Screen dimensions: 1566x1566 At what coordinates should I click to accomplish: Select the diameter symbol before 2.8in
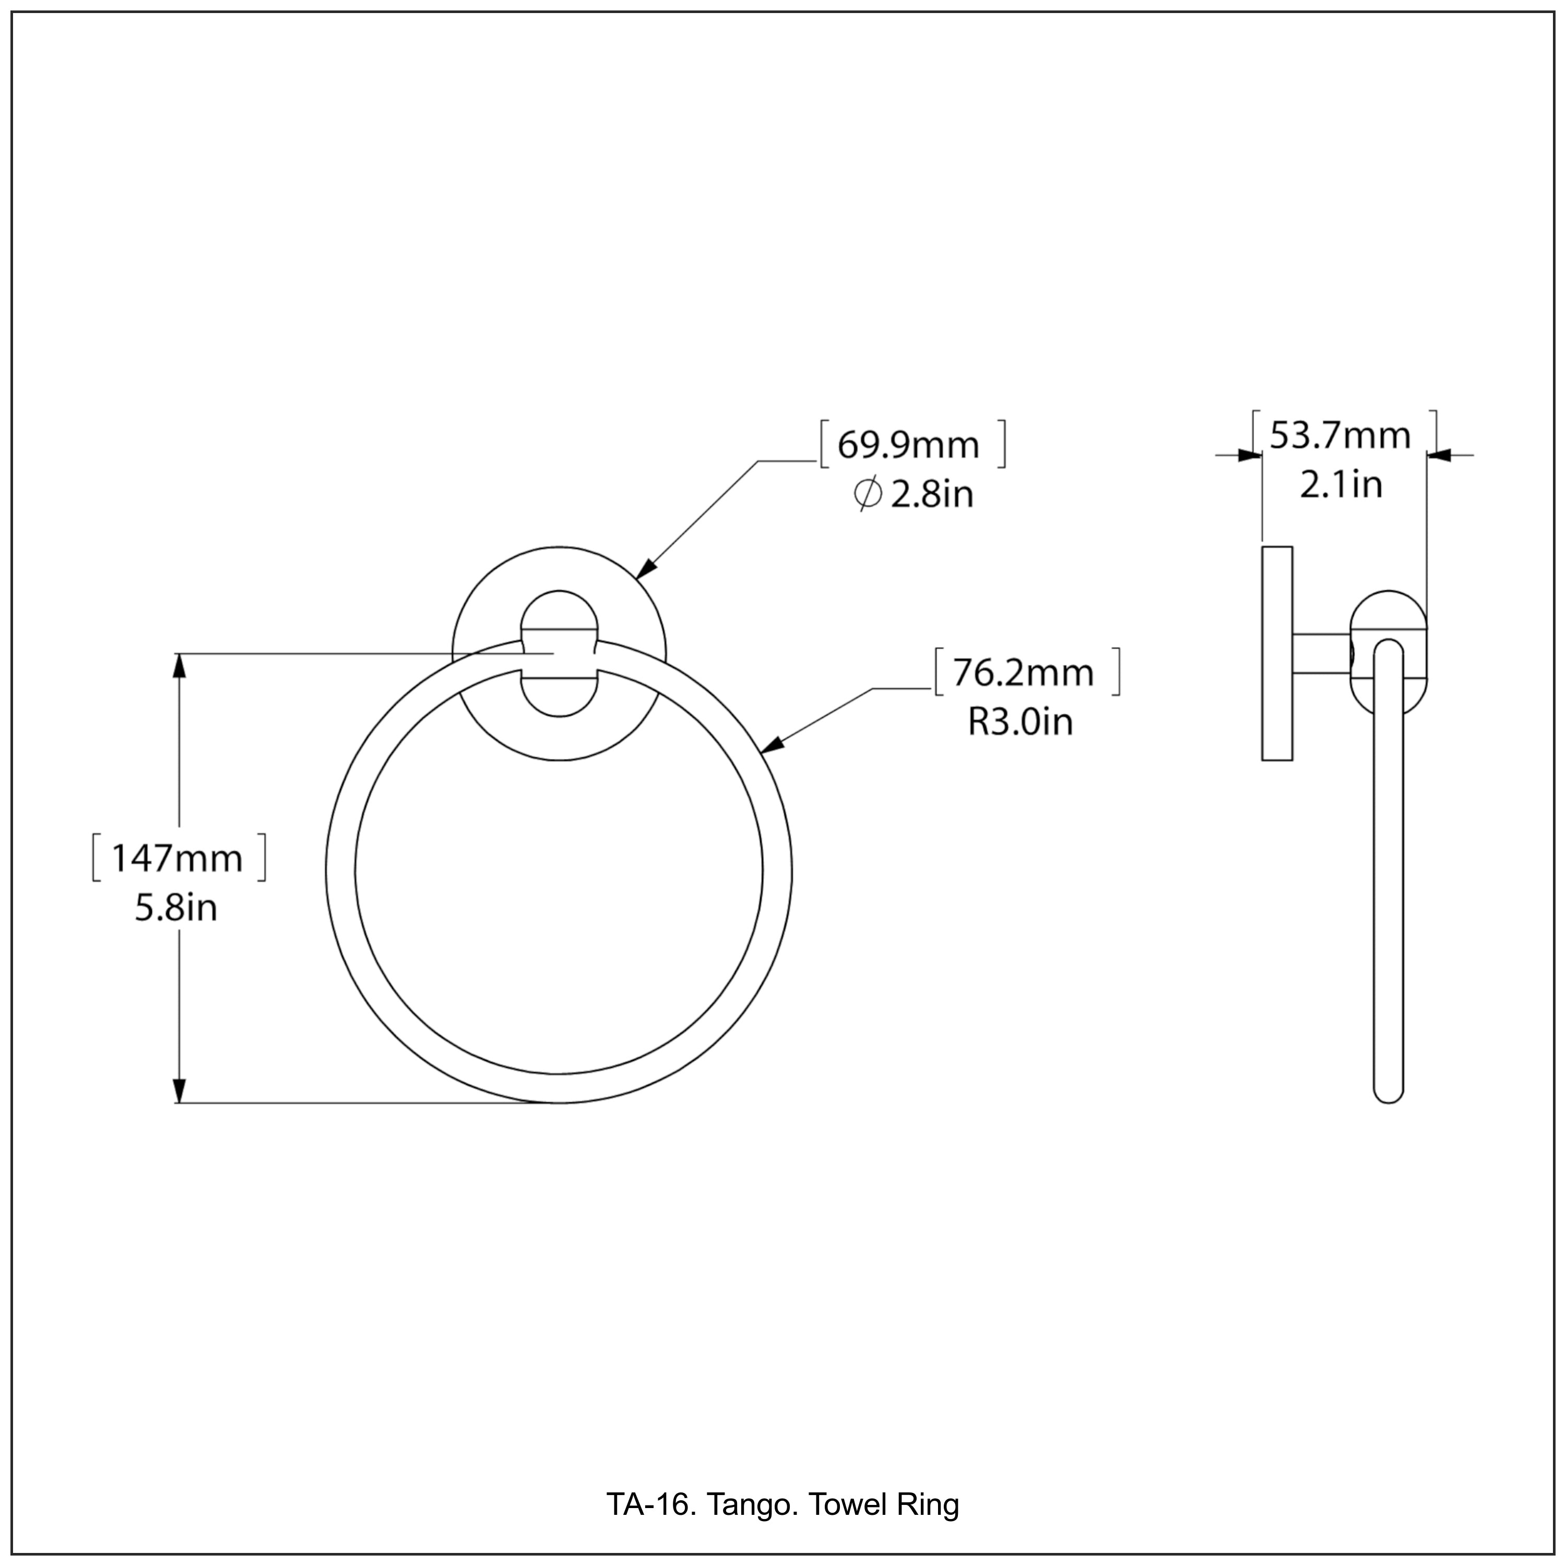pos(867,494)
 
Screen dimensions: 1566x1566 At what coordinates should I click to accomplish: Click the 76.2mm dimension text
pos(1023,673)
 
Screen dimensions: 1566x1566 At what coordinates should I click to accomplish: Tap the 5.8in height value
pos(176,908)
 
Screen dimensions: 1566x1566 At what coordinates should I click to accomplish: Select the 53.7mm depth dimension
pos(1340,436)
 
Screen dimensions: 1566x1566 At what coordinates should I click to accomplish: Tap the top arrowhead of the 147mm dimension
pos(180,665)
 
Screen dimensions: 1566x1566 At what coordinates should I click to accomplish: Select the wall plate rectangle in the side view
pos(1277,654)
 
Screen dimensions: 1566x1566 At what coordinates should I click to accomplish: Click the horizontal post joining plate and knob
pos(1321,654)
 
